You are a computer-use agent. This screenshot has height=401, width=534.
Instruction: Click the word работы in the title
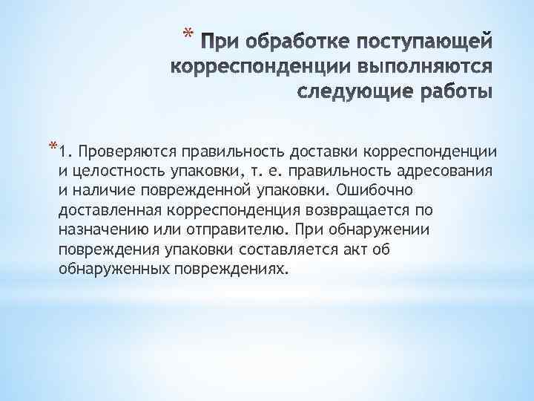click(x=450, y=94)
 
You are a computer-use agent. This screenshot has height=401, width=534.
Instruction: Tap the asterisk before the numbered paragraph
click(x=52, y=146)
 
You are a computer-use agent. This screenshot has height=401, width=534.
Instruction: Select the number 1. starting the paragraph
click(x=67, y=153)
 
